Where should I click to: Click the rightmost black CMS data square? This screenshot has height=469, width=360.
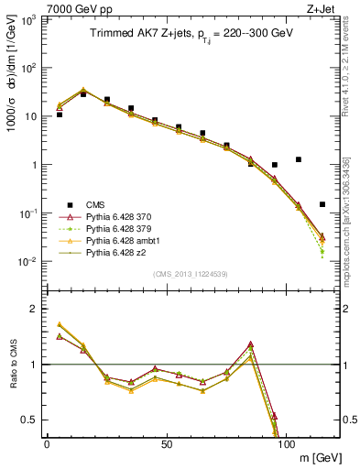(x=322, y=204)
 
